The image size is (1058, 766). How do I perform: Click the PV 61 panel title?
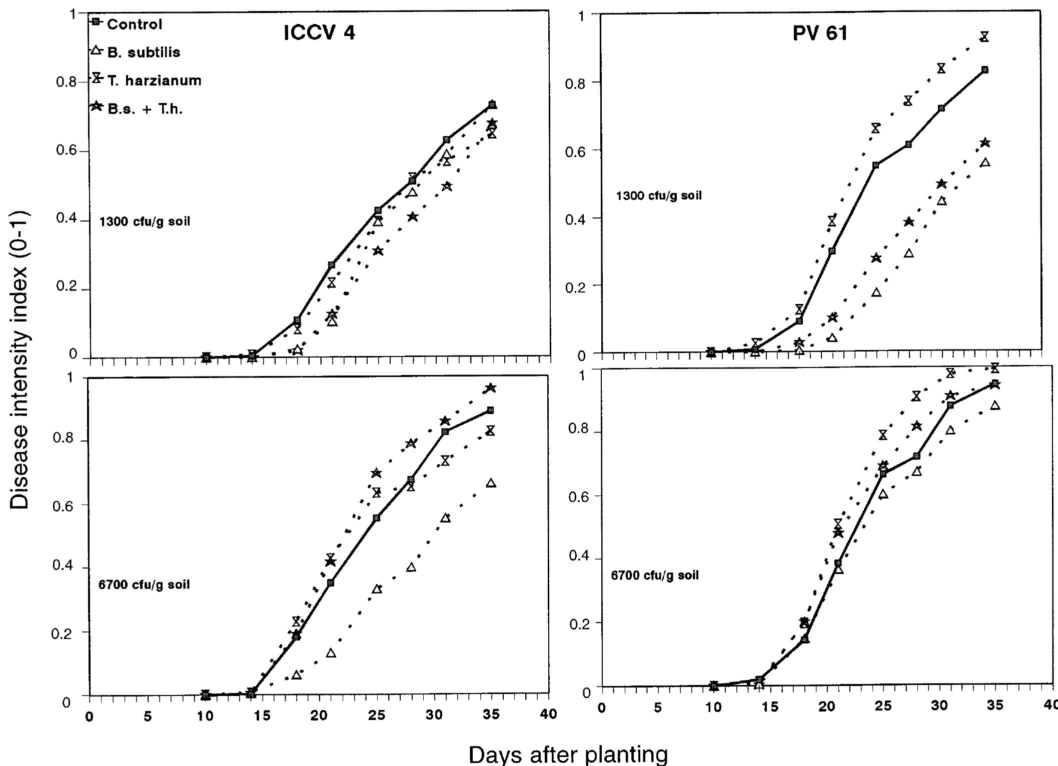coord(820,33)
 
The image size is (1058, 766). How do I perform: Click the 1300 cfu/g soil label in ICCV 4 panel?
coord(145,221)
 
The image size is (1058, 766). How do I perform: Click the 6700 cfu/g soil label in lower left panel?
coord(144,584)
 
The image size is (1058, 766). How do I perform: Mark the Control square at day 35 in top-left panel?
coord(492,104)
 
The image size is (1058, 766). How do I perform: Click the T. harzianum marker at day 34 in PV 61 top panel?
coord(984,36)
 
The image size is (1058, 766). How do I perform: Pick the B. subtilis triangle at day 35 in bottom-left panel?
coord(491,483)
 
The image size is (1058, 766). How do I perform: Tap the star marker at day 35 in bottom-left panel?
coord(491,388)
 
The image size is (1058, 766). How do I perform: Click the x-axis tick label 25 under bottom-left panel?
coord(376,715)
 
